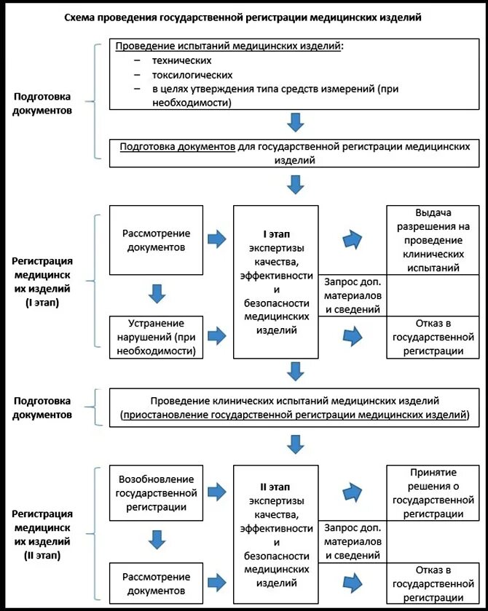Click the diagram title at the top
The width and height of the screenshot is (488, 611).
click(243, 17)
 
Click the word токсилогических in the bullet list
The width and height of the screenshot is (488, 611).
click(192, 75)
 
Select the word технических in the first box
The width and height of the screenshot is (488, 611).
click(182, 60)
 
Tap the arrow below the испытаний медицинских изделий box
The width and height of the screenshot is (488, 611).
click(295, 122)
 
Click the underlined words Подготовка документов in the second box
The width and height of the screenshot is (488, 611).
click(178, 146)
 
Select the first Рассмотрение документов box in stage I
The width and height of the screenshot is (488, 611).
click(156, 240)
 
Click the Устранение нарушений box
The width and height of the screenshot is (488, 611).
click(156, 337)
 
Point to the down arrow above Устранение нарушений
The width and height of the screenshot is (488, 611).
click(157, 294)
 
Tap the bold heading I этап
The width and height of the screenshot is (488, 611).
click(277, 234)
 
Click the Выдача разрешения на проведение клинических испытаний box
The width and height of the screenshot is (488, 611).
click(433, 240)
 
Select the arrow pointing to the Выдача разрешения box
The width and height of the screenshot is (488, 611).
click(353, 239)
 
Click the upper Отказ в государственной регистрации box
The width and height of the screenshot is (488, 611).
click(433, 337)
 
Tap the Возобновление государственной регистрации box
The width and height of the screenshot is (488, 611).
click(156, 493)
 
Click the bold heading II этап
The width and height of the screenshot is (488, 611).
click(275, 487)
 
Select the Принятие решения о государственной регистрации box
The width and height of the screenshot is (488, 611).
click(433, 493)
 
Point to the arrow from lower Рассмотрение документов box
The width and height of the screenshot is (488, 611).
click(217, 583)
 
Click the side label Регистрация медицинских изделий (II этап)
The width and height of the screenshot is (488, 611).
click(42, 534)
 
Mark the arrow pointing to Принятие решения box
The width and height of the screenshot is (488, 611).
click(353, 492)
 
